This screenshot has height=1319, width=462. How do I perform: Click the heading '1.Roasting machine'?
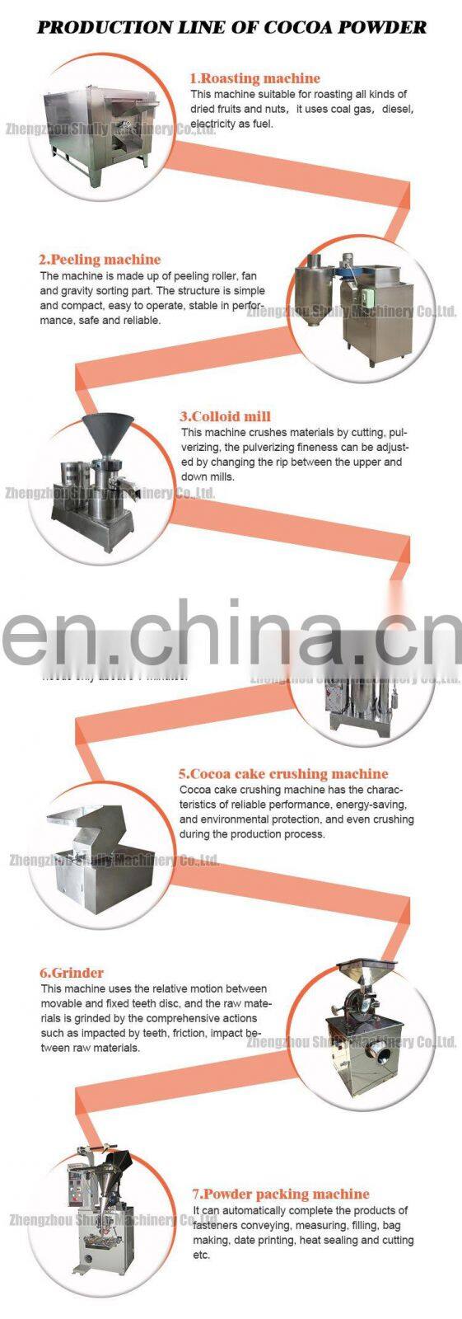[x=254, y=78]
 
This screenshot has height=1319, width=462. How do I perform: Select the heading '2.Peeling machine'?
[x=100, y=260]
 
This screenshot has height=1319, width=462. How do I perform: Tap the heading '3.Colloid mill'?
[x=225, y=416]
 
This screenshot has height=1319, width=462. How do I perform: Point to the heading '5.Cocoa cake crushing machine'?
[x=283, y=773]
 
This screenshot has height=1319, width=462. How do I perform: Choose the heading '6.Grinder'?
[x=72, y=973]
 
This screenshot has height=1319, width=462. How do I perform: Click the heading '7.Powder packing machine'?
[x=281, y=1194]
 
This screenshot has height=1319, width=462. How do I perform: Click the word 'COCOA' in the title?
[x=304, y=27]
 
